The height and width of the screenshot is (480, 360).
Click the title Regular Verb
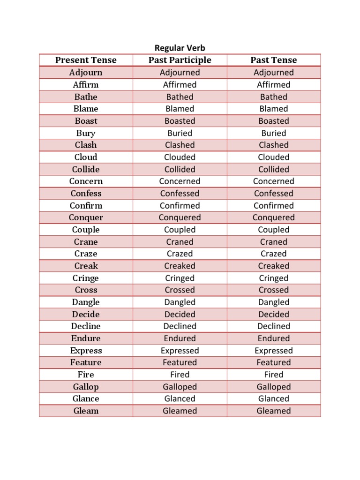coord(180,48)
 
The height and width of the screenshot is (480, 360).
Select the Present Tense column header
coord(86,60)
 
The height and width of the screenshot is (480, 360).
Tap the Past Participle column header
coord(180,60)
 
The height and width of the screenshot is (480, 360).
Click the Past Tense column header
coord(273,60)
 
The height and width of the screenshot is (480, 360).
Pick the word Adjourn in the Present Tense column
coord(86,73)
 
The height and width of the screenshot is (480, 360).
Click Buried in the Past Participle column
coord(180,133)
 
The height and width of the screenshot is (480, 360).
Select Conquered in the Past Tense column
coord(273,217)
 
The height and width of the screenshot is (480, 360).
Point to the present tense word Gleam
coord(86,411)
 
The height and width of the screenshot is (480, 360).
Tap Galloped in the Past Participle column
coord(180,387)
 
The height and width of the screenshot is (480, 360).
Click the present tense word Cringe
coord(86,278)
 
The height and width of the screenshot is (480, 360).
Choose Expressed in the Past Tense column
coord(273,351)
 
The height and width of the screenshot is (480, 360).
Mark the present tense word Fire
coord(86,375)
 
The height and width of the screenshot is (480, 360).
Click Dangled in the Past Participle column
coord(180,302)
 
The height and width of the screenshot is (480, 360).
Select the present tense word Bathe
coord(86,97)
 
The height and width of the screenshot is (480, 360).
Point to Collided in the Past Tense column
coord(273,169)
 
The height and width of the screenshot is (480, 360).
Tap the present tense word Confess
coord(86,194)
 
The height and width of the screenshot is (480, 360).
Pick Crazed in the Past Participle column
coord(180,254)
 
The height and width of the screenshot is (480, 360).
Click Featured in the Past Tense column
coord(273,362)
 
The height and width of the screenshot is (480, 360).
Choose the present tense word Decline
coord(86,326)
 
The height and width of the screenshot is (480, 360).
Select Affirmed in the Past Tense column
coord(273,85)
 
